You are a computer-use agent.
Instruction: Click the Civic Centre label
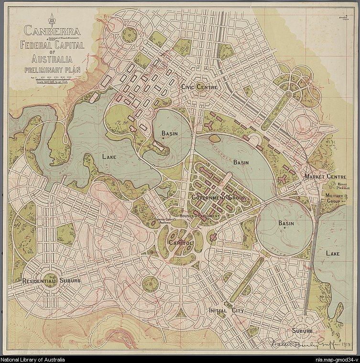coord(199,87)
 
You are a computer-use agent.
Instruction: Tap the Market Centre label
coord(325,176)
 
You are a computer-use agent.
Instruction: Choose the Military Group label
coord(333,198)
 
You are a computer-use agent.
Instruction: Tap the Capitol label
coord(180,243)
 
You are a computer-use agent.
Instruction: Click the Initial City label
coord(226,311)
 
